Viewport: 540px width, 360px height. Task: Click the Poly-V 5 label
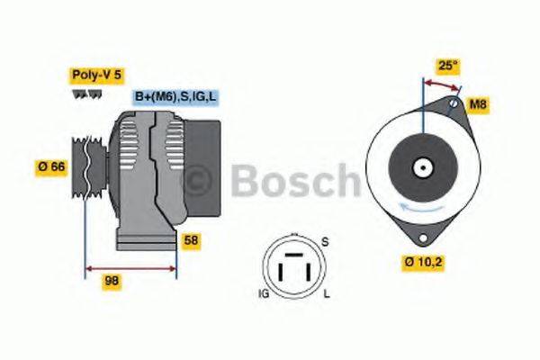tap(94, 75)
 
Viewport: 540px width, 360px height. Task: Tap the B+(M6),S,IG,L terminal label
tap(176, 96)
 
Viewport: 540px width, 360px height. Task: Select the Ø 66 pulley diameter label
tap(49, 166)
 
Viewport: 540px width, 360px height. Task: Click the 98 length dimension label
tap(111, 282)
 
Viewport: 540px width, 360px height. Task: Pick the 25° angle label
tap(447, 67)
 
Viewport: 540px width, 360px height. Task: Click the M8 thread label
tap(479, 105)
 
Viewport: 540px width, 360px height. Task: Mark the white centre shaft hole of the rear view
tap(420, 166)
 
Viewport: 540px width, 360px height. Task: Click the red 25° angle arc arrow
tap(441, 84)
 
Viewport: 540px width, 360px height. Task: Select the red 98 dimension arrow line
tap(130, 267)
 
